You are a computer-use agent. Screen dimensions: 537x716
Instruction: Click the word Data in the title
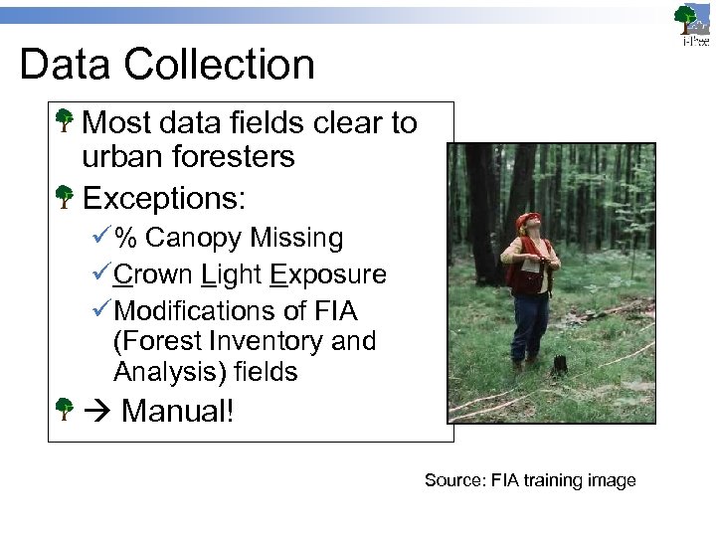point(63,65)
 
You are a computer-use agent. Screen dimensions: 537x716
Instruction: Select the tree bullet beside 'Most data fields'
point(65,122)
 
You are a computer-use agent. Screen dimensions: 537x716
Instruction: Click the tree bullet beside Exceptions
point(65,197)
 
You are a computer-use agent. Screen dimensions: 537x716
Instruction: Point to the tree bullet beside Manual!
point(65,408)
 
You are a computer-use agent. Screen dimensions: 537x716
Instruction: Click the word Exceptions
point(163,198)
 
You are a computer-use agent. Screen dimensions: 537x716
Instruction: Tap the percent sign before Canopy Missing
point(125,239)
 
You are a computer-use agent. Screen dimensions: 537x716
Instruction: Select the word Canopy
point(193,239)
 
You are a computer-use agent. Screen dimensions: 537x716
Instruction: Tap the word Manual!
point(177,410)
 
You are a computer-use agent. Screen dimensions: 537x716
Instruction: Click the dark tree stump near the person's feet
point(559,365)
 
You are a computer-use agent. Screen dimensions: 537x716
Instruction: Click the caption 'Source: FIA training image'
point(530,480)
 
